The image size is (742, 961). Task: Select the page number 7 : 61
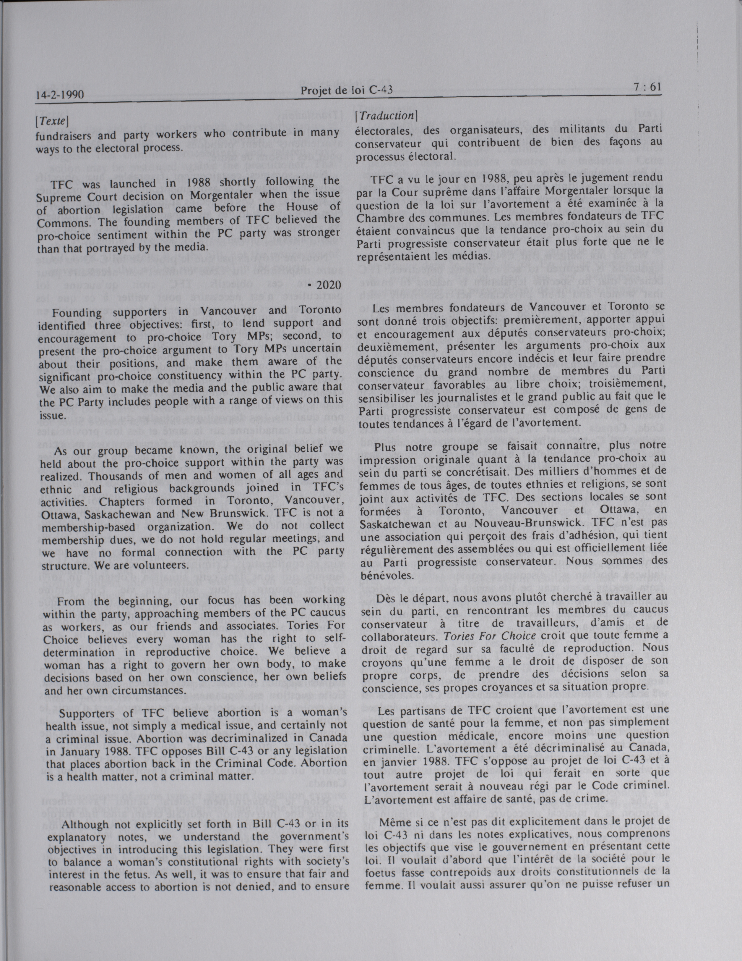click(x=648, y=87)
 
